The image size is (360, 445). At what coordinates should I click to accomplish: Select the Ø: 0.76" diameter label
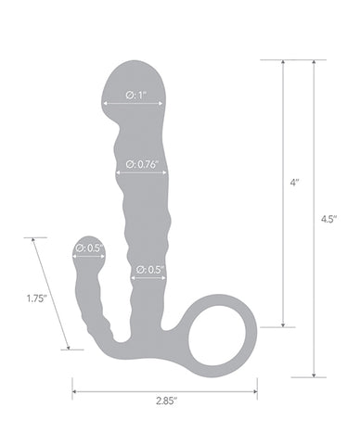141,166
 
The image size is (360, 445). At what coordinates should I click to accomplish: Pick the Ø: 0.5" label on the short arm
89,248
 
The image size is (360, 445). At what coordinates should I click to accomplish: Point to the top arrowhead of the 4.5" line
315,62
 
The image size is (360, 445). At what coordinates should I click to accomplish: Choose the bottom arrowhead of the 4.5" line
315,375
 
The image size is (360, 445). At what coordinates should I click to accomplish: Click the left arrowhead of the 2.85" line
75,390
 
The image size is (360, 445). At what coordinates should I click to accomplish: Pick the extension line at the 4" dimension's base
277,327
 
